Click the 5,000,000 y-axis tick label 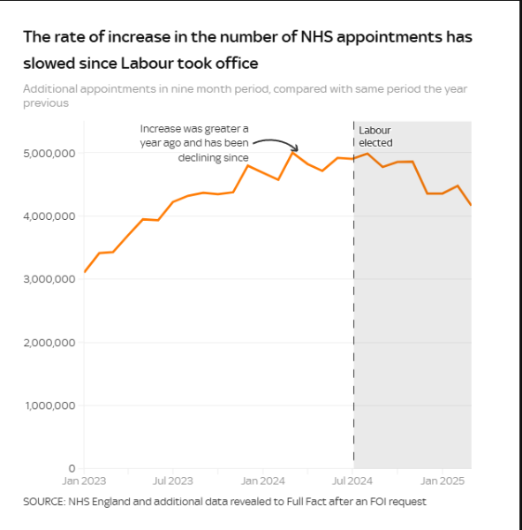49,154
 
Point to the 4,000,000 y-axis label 49,216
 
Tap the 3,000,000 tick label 49,279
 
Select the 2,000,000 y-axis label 49,343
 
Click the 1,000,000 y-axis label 50,405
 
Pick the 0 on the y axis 72,468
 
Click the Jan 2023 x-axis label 84,481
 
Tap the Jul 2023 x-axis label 173,481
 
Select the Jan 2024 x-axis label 262,481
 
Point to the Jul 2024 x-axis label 352,481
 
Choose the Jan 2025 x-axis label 443,481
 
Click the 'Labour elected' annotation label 375,137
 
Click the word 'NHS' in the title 317,37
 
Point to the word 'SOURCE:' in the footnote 44,502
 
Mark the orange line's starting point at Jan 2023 84,272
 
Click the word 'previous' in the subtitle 46,103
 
